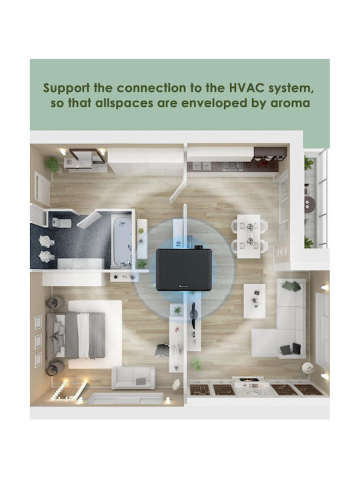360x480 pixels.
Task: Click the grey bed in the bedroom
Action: [x=76, y=335]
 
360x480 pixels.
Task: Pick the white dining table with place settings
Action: [x=249, y=236]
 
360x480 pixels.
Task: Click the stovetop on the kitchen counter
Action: [x=233, y=166]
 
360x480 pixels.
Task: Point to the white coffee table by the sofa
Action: [x=255, y=301]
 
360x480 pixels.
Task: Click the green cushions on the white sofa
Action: [x=292, y=285]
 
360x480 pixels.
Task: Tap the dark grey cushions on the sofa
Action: [x=291, y=349]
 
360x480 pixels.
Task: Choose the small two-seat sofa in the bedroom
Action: [x=133, y=378]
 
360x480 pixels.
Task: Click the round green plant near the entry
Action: [x=53, y=165]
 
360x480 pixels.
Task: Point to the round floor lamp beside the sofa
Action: [x=308, y=367]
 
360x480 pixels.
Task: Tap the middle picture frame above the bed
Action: [x=38, y=341]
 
